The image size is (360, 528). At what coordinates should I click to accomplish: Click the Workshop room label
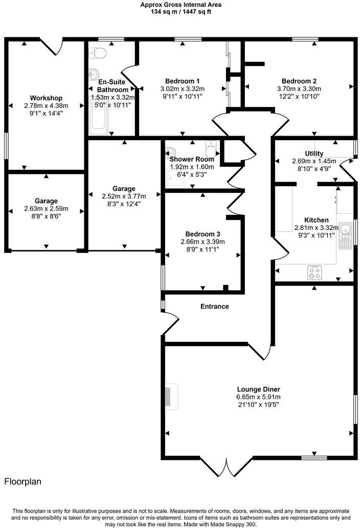click(x=46, y=98)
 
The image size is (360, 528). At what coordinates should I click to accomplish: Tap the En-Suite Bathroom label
click(x=112, y=85)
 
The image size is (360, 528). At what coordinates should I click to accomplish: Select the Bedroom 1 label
click(x=183, y=81)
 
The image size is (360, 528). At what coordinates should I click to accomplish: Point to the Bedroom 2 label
click(x=299, y=81)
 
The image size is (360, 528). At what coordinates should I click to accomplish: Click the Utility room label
click(x=314, y=153)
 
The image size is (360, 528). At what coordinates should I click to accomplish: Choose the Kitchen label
click(x=316, y=220)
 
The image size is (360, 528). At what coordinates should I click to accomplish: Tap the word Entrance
click(x=214, y=306)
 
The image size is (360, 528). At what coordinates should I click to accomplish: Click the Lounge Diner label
click(x=258, y=389)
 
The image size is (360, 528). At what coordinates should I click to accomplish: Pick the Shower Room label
click(x=192, y=159)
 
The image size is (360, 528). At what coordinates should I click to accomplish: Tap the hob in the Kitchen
click(x=313, y=273)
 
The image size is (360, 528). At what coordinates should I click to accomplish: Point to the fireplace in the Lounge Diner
click(x=169, y=397)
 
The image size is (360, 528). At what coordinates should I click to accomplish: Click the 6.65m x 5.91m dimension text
click(x=258, y=397)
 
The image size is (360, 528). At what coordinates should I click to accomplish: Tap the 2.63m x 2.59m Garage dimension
click(x=46, y=209)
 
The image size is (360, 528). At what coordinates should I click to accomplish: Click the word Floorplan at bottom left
click(x=23, y=481)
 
